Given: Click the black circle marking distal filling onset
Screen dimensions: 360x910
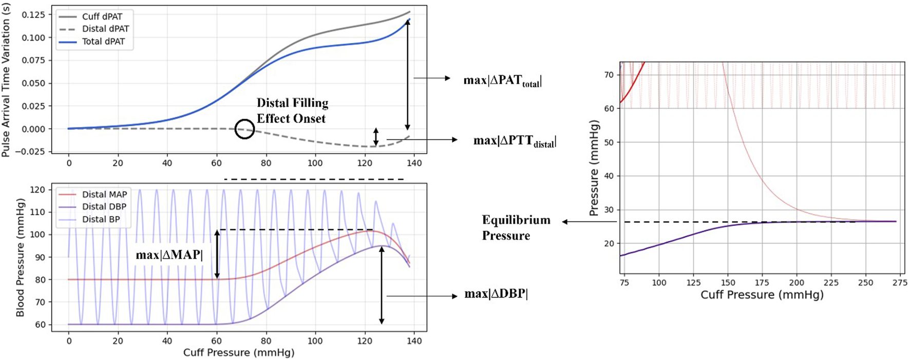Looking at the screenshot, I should click(x=244, y=129).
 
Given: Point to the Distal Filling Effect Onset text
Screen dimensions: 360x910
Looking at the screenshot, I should click(x=292, y=111).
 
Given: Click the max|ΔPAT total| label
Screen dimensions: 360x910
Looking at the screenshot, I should click(x=502, y=80).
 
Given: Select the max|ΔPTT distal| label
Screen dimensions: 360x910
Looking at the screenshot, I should click(x=514, y=141).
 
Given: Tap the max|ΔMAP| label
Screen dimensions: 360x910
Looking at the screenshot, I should click(x=169, y=255).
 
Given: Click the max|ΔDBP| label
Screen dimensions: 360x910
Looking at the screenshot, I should click(x=496, y=294).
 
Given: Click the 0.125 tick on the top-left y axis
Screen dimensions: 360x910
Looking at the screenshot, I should click(x=34, y=15).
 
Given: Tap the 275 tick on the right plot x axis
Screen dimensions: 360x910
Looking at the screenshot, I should click(x=899, y=282).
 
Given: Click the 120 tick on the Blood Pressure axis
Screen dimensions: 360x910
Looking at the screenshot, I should click(x=37, y=190).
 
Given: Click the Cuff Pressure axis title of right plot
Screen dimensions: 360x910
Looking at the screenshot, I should click(x=762, y=295).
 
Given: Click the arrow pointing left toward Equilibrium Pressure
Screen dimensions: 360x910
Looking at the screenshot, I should click(x=589, y=222).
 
